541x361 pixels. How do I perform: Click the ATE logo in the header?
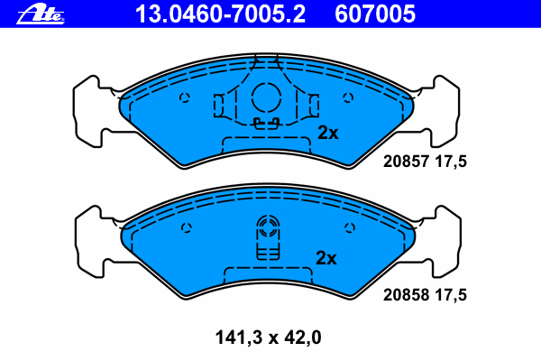[41, 14]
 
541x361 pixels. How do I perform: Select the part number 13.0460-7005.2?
[220, 14]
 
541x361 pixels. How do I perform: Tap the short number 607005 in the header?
[375, 14]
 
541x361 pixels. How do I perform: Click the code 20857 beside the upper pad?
[406, 162]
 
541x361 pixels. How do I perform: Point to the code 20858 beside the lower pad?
[406, 295]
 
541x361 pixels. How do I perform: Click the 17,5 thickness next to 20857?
[451, 162]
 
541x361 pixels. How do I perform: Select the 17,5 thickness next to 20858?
[451, 295]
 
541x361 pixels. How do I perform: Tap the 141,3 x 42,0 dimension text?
[268, 338]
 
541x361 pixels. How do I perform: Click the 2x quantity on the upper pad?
[328, 133]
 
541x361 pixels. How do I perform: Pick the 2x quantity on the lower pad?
[326, 258]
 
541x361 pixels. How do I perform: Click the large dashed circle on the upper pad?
[266, 97]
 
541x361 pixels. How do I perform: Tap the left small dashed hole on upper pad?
[185, 97]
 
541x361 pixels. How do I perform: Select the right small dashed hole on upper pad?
[348, 97]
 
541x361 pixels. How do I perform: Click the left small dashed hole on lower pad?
[187, 227]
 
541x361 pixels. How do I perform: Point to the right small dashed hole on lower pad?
[350, 227]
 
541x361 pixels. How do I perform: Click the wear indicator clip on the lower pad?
[268, 237]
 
